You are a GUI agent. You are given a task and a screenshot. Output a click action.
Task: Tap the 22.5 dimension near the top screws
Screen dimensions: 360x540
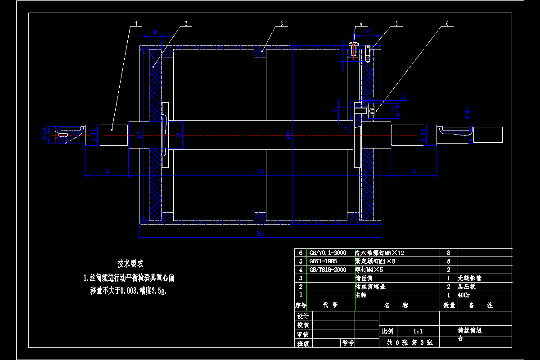(367, 31)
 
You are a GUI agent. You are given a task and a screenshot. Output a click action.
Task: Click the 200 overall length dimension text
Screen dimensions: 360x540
(260, 234)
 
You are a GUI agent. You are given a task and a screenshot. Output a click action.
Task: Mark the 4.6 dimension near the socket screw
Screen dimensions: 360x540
(402, 96)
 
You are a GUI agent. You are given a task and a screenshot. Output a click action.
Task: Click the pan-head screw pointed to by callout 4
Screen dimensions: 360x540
(353, 47)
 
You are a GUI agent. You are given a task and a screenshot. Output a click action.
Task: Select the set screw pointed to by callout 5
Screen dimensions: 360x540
(368, 53)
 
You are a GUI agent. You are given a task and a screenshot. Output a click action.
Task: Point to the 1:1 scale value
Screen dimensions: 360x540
(418, 331)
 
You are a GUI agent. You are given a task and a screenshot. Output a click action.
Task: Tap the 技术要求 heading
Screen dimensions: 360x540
(130, 263)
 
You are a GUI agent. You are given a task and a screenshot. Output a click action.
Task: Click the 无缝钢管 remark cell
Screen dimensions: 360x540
(469, 278)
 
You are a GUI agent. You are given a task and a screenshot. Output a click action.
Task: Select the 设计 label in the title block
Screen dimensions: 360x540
(303, 316)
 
